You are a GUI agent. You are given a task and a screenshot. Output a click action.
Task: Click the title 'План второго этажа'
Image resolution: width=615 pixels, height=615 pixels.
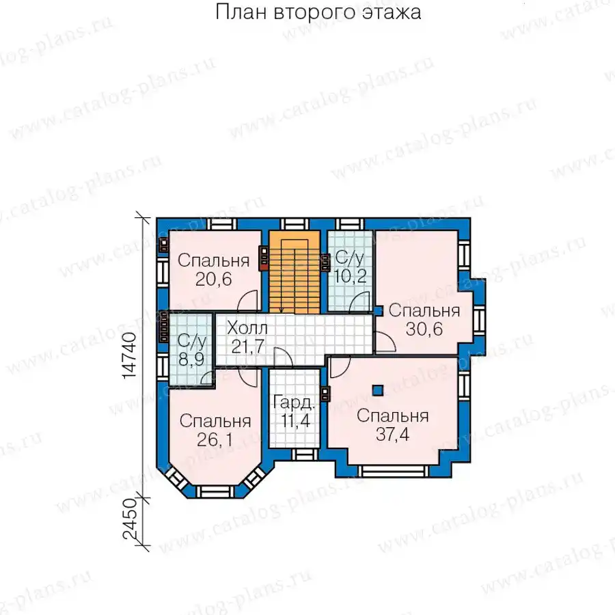[x=318, y=12]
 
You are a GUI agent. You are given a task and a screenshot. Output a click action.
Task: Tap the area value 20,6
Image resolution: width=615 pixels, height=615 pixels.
[x=214, y=279]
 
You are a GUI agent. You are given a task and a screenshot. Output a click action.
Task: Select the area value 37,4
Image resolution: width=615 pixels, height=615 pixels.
[x=393, y=434]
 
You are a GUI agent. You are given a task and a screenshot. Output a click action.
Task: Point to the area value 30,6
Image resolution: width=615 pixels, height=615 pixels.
[x=424, y=329]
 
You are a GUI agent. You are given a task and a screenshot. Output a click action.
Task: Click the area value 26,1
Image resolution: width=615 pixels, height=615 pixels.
[x=215, y=439]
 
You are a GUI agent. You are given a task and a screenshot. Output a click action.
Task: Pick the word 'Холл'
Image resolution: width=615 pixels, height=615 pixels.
[x=247, y=328]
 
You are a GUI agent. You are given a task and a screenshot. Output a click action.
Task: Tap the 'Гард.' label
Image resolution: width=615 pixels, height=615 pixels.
[x=294, y=402]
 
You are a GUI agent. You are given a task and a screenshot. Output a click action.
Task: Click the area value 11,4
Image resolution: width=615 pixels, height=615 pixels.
[x=295, y=420]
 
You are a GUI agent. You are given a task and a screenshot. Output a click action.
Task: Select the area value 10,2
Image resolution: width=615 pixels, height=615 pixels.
[x=351, y=276]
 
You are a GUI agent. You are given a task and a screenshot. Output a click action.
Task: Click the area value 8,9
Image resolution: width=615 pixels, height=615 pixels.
[x=191, y=359]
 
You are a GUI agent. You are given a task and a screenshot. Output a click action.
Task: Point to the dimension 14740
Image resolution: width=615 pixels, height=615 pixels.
[x=130, y=355]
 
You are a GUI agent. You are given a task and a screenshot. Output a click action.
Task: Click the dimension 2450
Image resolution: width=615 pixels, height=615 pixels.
[x=130, y=520]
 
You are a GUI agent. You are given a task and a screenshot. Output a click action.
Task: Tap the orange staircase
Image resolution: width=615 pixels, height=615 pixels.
[x=295, y=272]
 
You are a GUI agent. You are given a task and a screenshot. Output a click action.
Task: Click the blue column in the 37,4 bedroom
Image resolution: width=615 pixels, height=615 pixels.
[x=378, y=390]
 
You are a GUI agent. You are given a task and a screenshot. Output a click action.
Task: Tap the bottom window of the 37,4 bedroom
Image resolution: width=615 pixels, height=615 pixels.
[x=393, y=471]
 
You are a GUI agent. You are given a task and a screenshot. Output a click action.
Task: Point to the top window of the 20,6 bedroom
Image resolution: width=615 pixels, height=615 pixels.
[x=222, y=224]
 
